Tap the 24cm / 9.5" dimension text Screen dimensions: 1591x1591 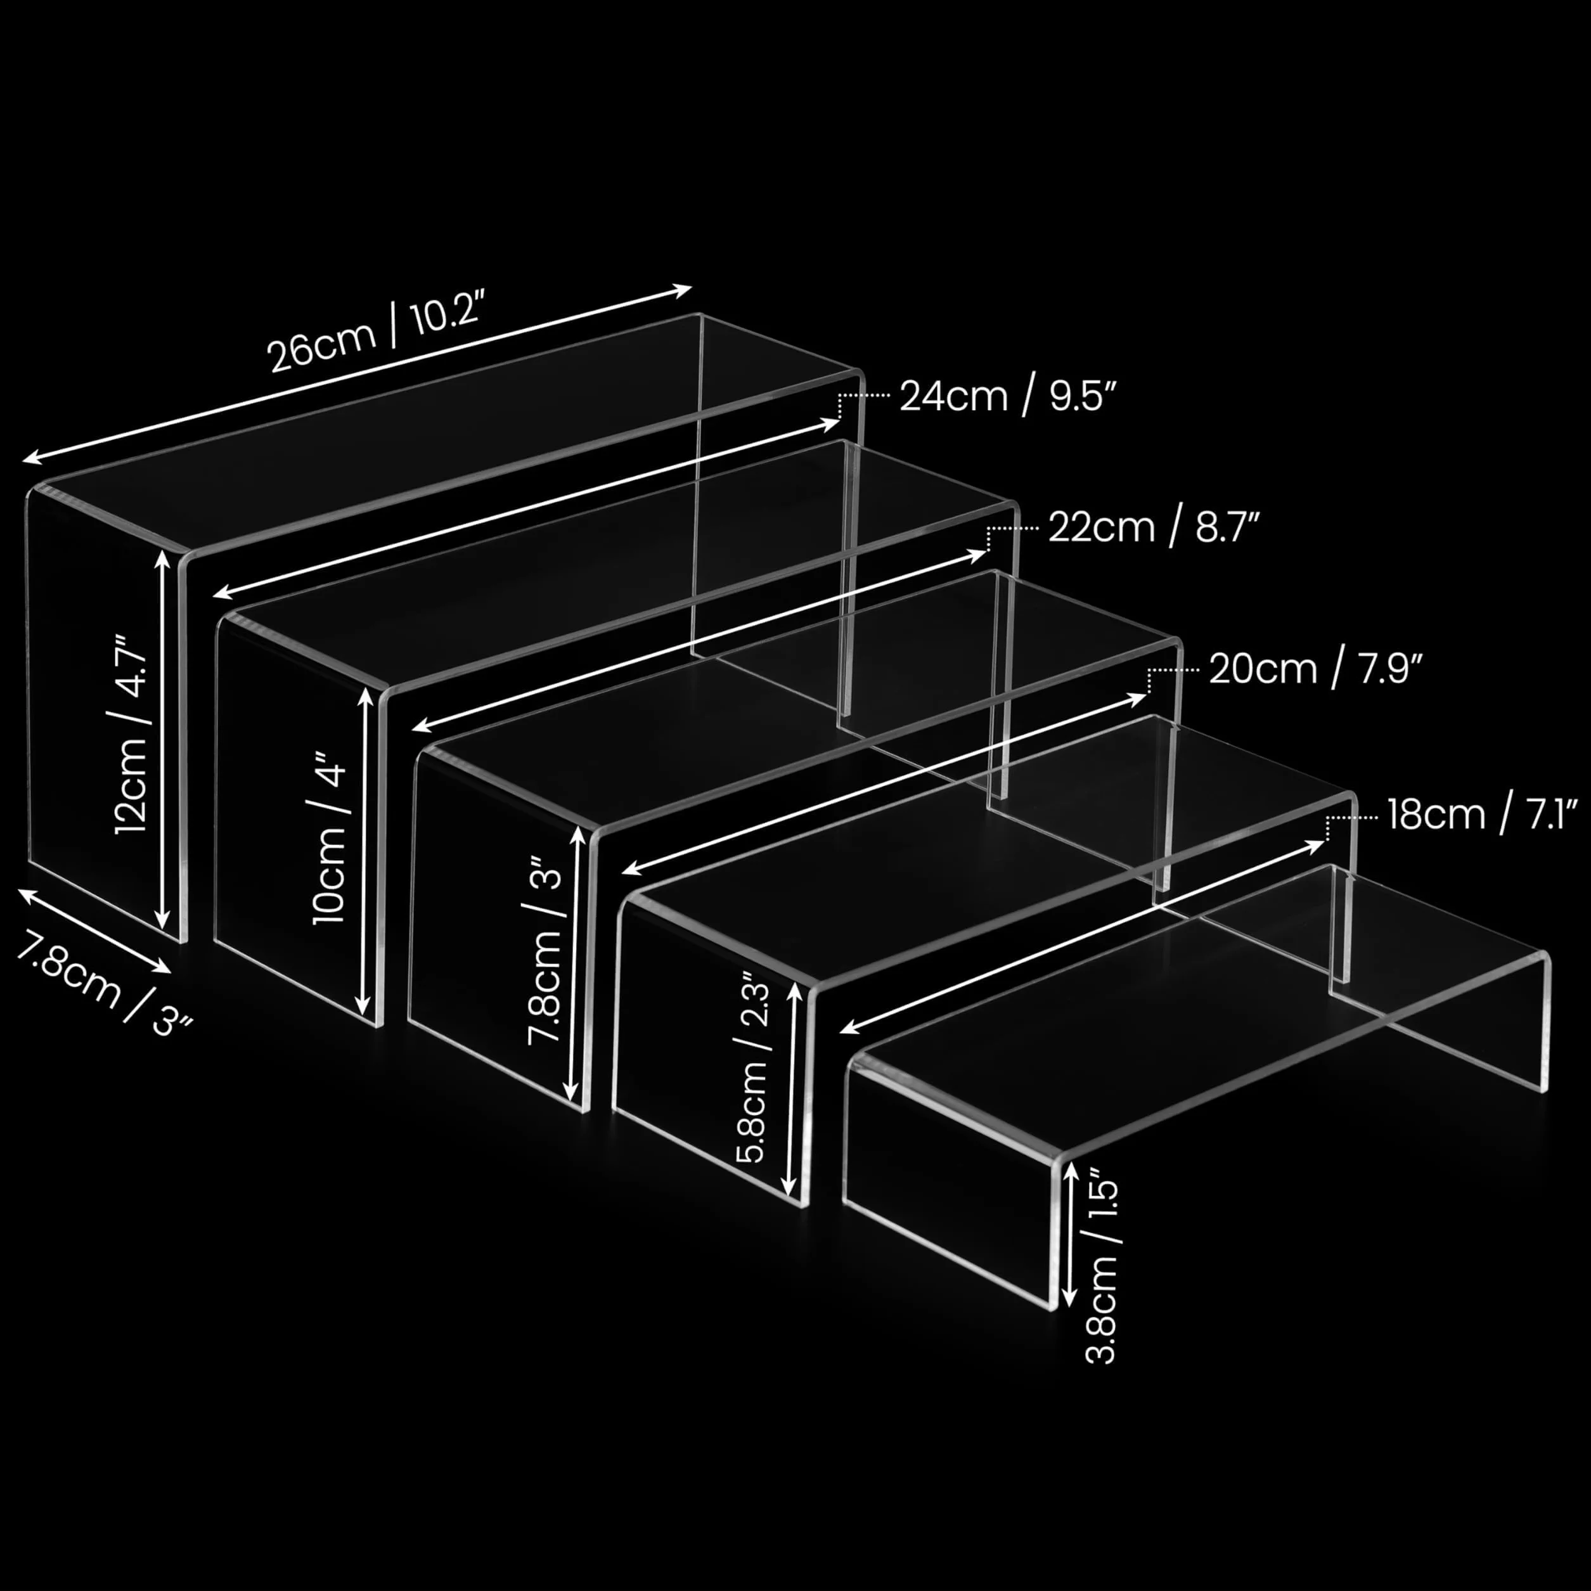[x=1008, y=396]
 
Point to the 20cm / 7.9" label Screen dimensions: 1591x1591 [x=1316, y=669]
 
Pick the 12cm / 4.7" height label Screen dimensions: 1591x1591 [x=132, y=734]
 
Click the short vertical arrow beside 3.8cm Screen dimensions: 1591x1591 [x=1069, y=1235]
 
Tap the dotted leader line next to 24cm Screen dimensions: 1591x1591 [x=863, y=404]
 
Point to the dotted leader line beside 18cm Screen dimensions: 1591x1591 [x=1351, y=826]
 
